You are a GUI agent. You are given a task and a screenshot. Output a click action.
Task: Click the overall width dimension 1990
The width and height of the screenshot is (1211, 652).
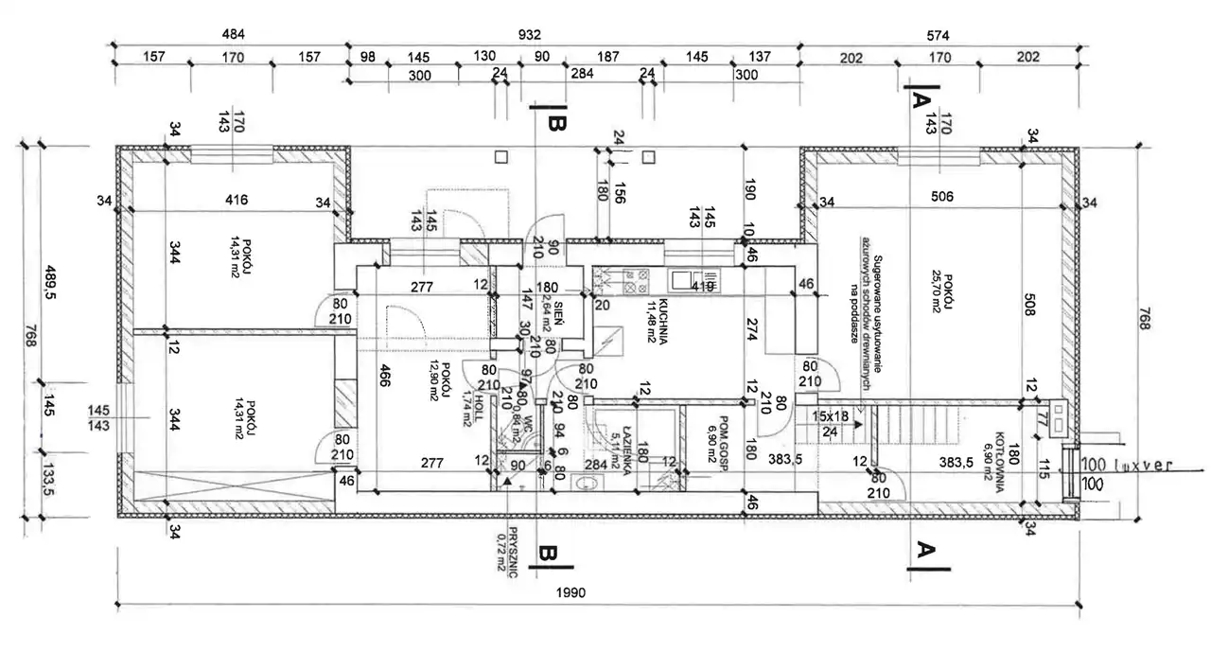570,593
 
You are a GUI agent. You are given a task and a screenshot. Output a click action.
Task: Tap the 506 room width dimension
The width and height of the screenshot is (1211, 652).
941,197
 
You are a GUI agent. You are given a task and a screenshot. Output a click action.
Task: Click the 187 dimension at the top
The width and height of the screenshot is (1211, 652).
609,58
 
